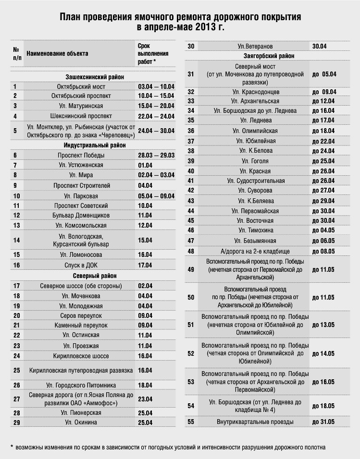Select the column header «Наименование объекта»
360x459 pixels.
(58, 53)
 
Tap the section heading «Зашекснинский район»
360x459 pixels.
(95, 77)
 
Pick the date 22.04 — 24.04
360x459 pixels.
(156, 116)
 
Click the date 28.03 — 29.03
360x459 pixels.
(156, 155)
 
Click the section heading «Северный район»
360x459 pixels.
(95, 276)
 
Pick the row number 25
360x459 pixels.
(17, 370)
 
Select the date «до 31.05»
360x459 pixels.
(323, 422)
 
